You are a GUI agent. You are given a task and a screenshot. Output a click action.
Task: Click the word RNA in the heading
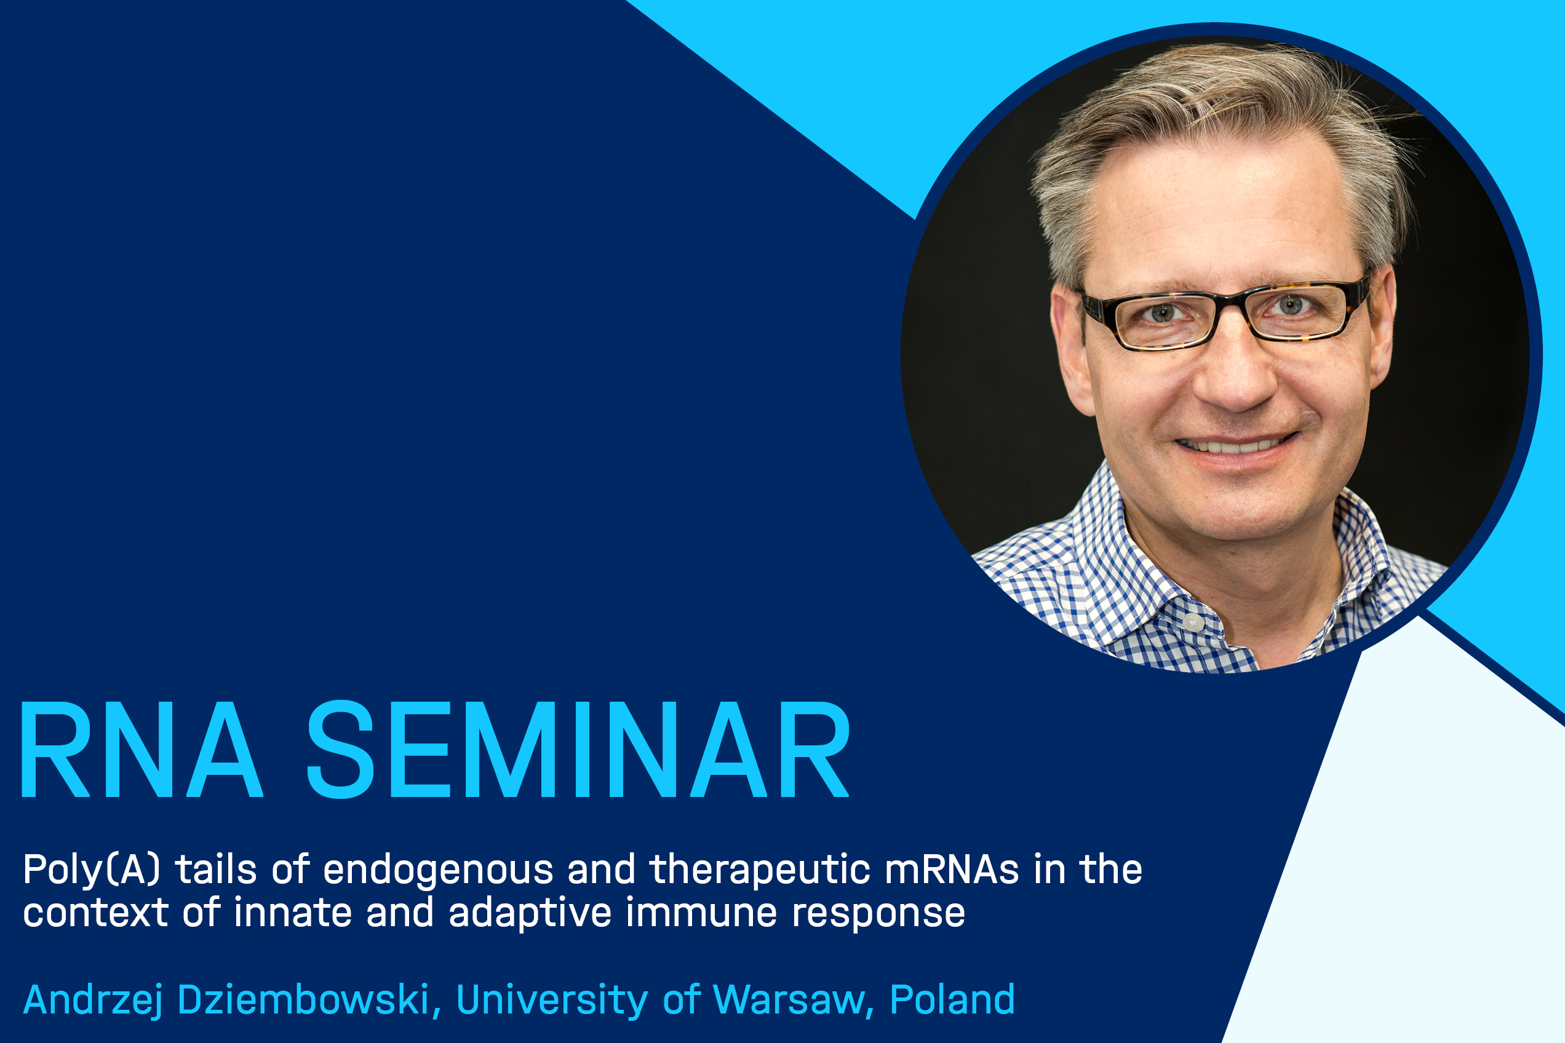(x=142, y=749)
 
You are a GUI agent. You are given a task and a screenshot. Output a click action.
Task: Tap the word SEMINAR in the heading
(x=578, y=749)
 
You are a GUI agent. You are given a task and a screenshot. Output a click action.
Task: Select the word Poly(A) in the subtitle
(x=92, y=871)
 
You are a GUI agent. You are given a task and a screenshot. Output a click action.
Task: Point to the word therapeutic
(x=760, y=871)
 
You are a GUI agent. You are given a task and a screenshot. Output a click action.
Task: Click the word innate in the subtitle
(x=293, y=913)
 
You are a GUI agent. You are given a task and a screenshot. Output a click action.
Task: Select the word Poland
(x=952, y=999)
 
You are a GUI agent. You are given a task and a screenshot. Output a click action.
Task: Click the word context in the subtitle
(x=96, y=913)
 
